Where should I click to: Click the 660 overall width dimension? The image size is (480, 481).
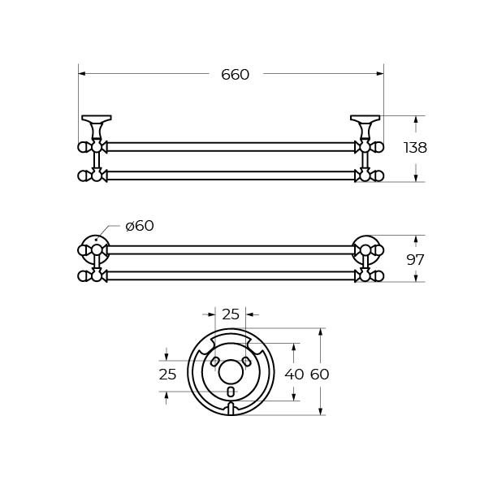tap(235, 75)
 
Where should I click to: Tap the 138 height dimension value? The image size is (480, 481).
tap(415, 148)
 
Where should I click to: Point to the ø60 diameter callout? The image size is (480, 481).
tap(140, 226)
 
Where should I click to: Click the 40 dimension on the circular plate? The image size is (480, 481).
tap(293, 375)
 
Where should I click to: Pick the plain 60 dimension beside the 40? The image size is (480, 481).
tap(320, 375)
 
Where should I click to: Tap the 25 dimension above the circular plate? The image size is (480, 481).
tap(231, 314)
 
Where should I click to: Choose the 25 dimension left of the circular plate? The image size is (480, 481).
tap(167, 375)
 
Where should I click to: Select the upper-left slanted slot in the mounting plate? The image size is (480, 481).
tap(216, 362)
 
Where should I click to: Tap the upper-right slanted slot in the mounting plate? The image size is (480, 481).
tap(245, 362)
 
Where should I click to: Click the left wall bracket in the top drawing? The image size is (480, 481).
tap(95, 125)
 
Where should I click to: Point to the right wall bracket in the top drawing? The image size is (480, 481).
tap(365, 125)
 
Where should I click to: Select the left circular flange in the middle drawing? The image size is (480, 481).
tap(96, 249)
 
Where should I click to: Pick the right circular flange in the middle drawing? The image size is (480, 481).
tap(365, 249)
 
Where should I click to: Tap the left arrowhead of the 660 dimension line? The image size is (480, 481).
tap(82, 75)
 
